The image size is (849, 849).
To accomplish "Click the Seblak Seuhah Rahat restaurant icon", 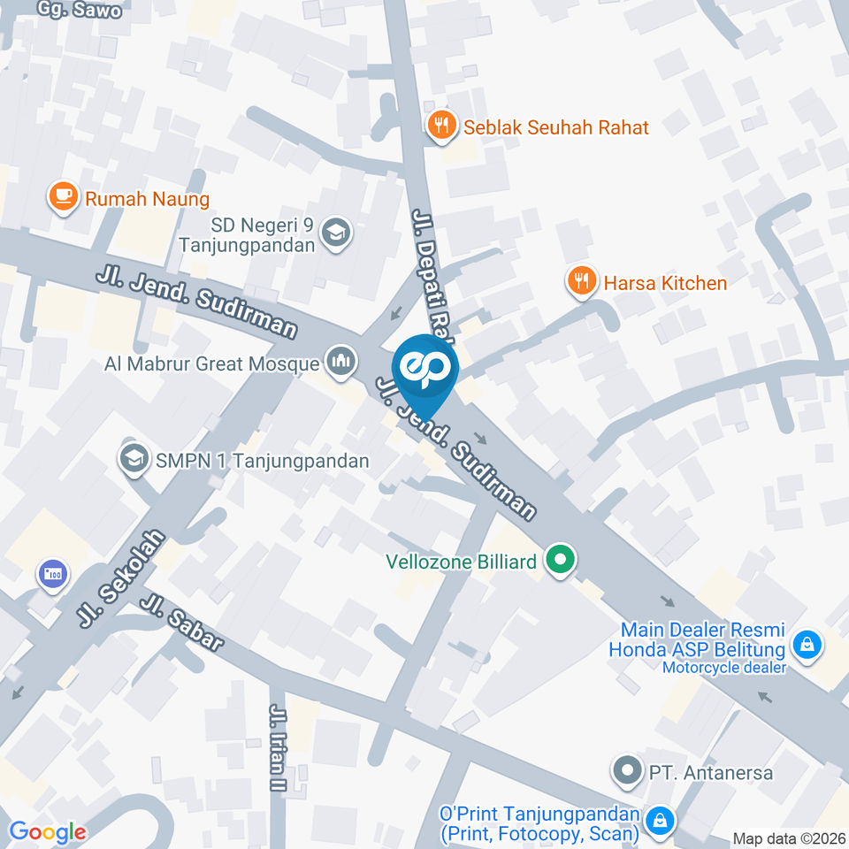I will point(441,126).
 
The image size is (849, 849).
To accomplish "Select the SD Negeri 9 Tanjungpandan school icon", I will point(336,233).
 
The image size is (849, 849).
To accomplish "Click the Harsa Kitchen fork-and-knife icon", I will point(580,282).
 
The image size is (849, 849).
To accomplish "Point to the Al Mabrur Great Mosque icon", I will point(340,362).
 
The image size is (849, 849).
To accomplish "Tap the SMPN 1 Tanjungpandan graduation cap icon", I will point(134,460).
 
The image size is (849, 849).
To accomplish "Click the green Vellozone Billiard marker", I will point(560,560).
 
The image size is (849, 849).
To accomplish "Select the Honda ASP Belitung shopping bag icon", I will point(807,645).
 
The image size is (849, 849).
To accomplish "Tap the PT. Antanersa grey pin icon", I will point(628,772).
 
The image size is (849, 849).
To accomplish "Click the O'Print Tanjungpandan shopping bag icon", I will point(658,822).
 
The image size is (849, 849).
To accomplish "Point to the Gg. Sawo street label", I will point(80,11).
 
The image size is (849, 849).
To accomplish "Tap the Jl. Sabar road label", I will point(182,623).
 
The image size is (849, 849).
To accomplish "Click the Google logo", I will point(48,831).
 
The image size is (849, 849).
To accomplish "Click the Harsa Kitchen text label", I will point(665,283).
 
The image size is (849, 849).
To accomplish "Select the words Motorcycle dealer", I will point(723,668).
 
